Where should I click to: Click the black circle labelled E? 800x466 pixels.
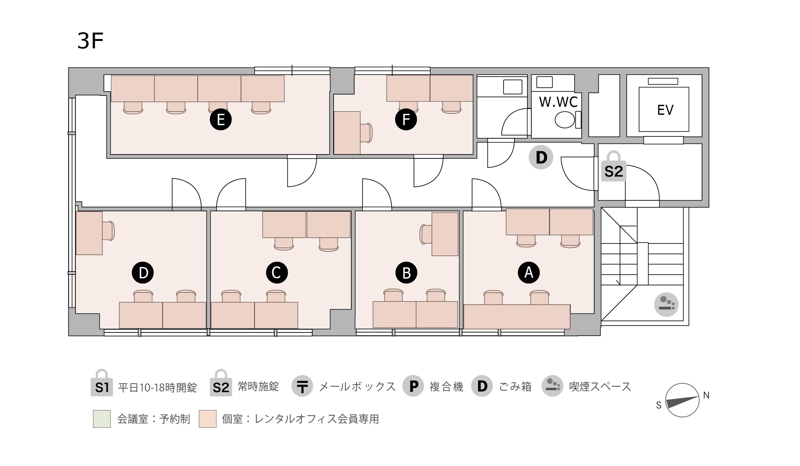coord(221,120)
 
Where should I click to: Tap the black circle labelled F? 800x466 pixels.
coord(406,120)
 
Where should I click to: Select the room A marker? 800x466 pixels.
coord(529,273)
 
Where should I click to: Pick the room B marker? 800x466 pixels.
coord(406,273)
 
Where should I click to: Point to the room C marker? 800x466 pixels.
coord(277,273)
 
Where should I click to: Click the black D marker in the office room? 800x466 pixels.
coord(143,273)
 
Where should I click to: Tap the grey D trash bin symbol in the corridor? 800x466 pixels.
coord(541,157)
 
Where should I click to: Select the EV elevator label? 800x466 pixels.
coord(665,110)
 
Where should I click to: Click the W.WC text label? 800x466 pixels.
coord(558,102)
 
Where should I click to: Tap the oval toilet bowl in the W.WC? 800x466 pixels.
coord(565,120)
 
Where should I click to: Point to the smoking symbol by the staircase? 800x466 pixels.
coord(666,304)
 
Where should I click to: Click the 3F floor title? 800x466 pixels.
coord(90,41)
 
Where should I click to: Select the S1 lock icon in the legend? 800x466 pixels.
coord(102,383)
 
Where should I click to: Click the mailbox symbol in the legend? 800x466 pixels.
coord(302,386)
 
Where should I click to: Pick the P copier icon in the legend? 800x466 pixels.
coord(413,386)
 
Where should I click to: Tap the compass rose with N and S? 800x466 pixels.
coord(682,400)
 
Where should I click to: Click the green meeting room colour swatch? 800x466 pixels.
coord(102,419)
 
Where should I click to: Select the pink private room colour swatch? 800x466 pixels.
coord(207,419)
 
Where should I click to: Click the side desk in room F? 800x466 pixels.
coord(347,133)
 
